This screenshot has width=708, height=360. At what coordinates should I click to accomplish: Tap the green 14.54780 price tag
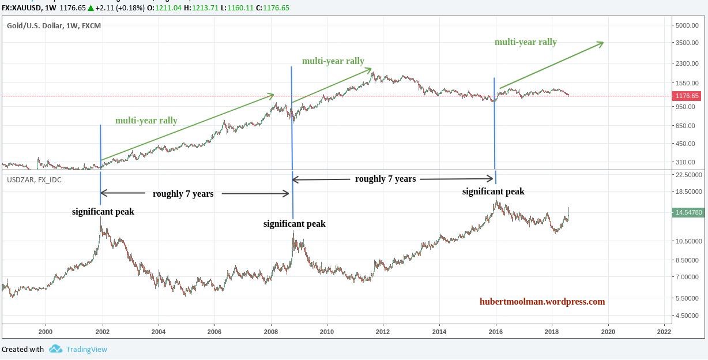pyautogui.click(x=688, y=212)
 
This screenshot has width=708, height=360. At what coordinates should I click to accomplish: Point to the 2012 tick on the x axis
pyautogui.click(x=382, y=332)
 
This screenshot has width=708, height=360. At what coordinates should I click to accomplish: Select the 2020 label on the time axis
pyautogui.click(x=608, y=332)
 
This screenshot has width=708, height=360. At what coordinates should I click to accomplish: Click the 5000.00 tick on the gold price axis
pyautogui.click(x=687, y=25)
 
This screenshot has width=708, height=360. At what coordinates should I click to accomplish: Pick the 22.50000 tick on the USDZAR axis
pyautogui.click(x=688, y=175)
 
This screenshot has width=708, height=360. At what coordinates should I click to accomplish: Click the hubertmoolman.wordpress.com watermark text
pyautogui.click(x=542, y=301)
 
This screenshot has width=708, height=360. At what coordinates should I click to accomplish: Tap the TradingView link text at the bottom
pyautogui.click(x=86, y=349)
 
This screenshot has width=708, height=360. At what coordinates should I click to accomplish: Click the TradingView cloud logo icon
pyautogui.click(x=55, y=348)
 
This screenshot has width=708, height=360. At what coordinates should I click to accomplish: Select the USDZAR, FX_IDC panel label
pyautogui.click(x=34, y=180)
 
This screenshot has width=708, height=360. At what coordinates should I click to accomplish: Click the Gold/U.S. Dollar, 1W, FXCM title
pyautogui.click(x=54, y=25)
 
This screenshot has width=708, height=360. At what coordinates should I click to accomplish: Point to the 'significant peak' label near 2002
pyautogui.click(x=103, y=212)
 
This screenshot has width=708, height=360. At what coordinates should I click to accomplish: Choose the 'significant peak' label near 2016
pyautogui.click(x=493, y=192)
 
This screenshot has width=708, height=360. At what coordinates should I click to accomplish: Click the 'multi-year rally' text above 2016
pyautogui.click(x=525, y=42)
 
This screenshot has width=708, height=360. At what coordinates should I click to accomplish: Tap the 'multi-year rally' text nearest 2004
pyautogui.click(x=146, y=121)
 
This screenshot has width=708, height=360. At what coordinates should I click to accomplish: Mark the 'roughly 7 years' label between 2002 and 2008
pyautogui.click(x=183, y=194)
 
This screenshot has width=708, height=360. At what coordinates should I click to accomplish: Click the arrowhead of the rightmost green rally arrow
pyautogui.click(x=601, y=43)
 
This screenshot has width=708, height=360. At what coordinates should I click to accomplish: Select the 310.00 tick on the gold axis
pyautogui.click(x=687, y=163)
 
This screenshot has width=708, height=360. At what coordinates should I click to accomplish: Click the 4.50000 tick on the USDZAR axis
pyautogui.click(x=688, y=316)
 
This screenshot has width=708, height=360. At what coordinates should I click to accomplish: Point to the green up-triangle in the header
pyautogui.click(x=91, y=8)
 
